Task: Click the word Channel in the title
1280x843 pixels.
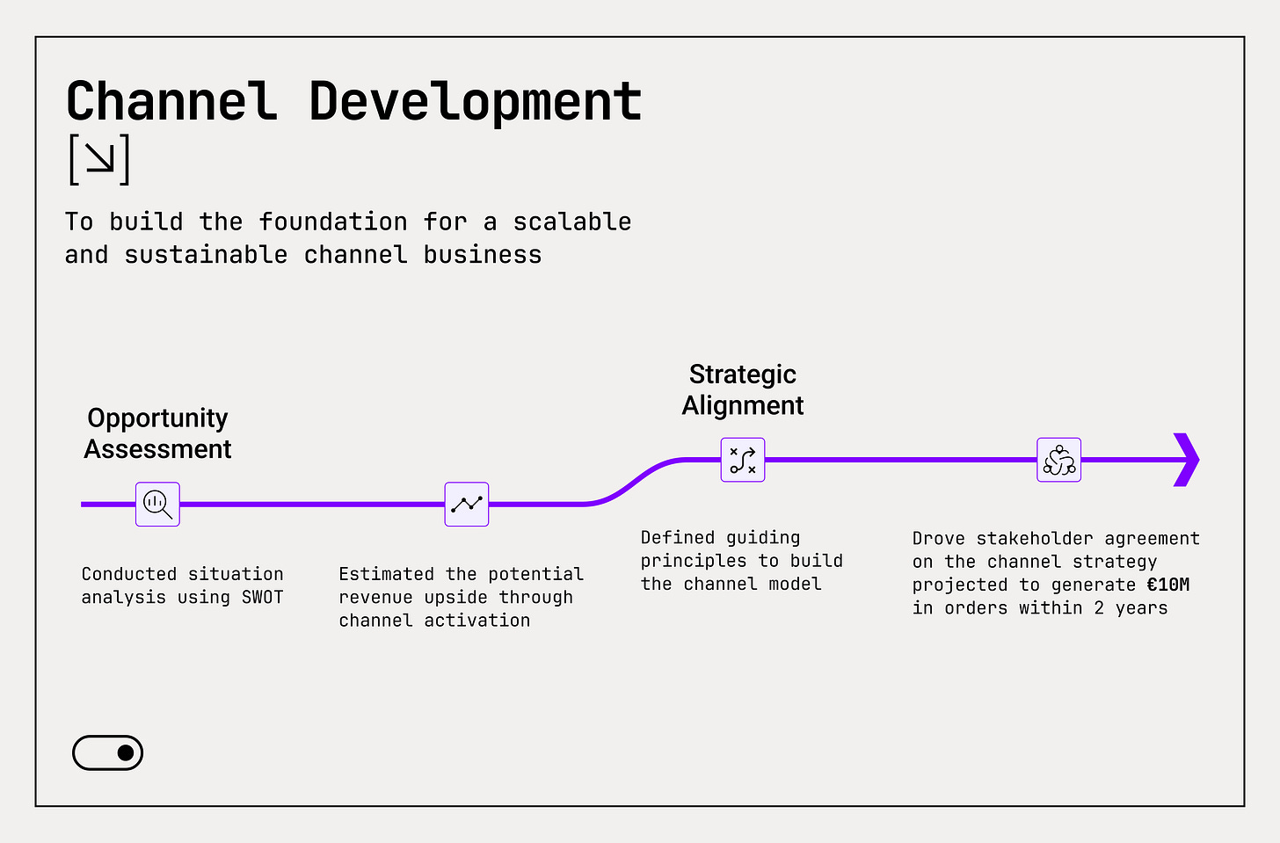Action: click(x=171, y=101)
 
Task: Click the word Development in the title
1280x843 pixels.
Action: click(x=476, y=103)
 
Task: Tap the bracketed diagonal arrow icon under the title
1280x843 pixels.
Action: click(x=99, y=160)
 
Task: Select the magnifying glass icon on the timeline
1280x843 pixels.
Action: click(x=157, y=504)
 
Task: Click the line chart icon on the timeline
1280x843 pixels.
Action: click(x=467, y=504)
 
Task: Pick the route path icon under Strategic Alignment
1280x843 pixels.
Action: click(x=743, y=460)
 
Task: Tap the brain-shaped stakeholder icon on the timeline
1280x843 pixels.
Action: click(x=1059, y=460)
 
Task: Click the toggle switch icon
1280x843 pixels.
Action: click(x=107, y=752)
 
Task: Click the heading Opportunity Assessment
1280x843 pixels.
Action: click(x=157, y=433)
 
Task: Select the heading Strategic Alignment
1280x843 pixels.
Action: click(x=743, y=389)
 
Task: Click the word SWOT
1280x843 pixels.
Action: click(x=263, y=598)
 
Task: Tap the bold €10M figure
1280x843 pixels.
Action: click(x=1168, y=585)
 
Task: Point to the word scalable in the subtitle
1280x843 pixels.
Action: click(x=572, y=222)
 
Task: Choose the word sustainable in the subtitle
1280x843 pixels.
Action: click(x=206, y=255)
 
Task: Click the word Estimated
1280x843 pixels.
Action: click(x=387, y=574)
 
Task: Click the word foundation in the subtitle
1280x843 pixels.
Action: click(x=333, y=222)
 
